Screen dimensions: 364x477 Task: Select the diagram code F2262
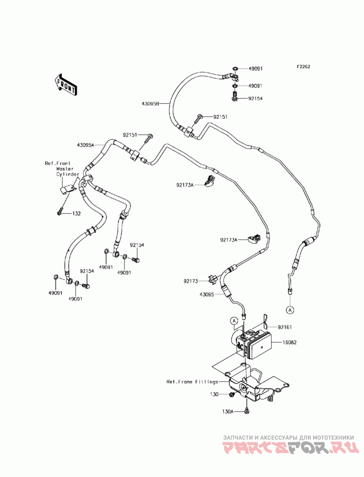303,67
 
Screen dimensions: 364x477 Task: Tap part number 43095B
151,104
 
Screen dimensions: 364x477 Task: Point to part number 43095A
86,145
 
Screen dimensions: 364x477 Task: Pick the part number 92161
284,327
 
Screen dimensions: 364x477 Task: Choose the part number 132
76,214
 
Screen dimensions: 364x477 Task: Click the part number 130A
227,411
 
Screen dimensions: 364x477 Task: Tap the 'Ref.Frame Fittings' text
192,382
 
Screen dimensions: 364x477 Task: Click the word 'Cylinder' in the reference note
68,174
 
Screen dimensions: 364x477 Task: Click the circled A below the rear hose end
290,310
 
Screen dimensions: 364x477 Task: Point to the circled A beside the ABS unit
234,321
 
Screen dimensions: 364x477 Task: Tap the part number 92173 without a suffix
191,281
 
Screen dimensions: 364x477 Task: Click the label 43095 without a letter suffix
207,294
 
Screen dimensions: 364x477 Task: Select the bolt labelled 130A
247,411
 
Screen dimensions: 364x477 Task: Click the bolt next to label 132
60,211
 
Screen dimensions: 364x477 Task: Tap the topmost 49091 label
256,69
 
